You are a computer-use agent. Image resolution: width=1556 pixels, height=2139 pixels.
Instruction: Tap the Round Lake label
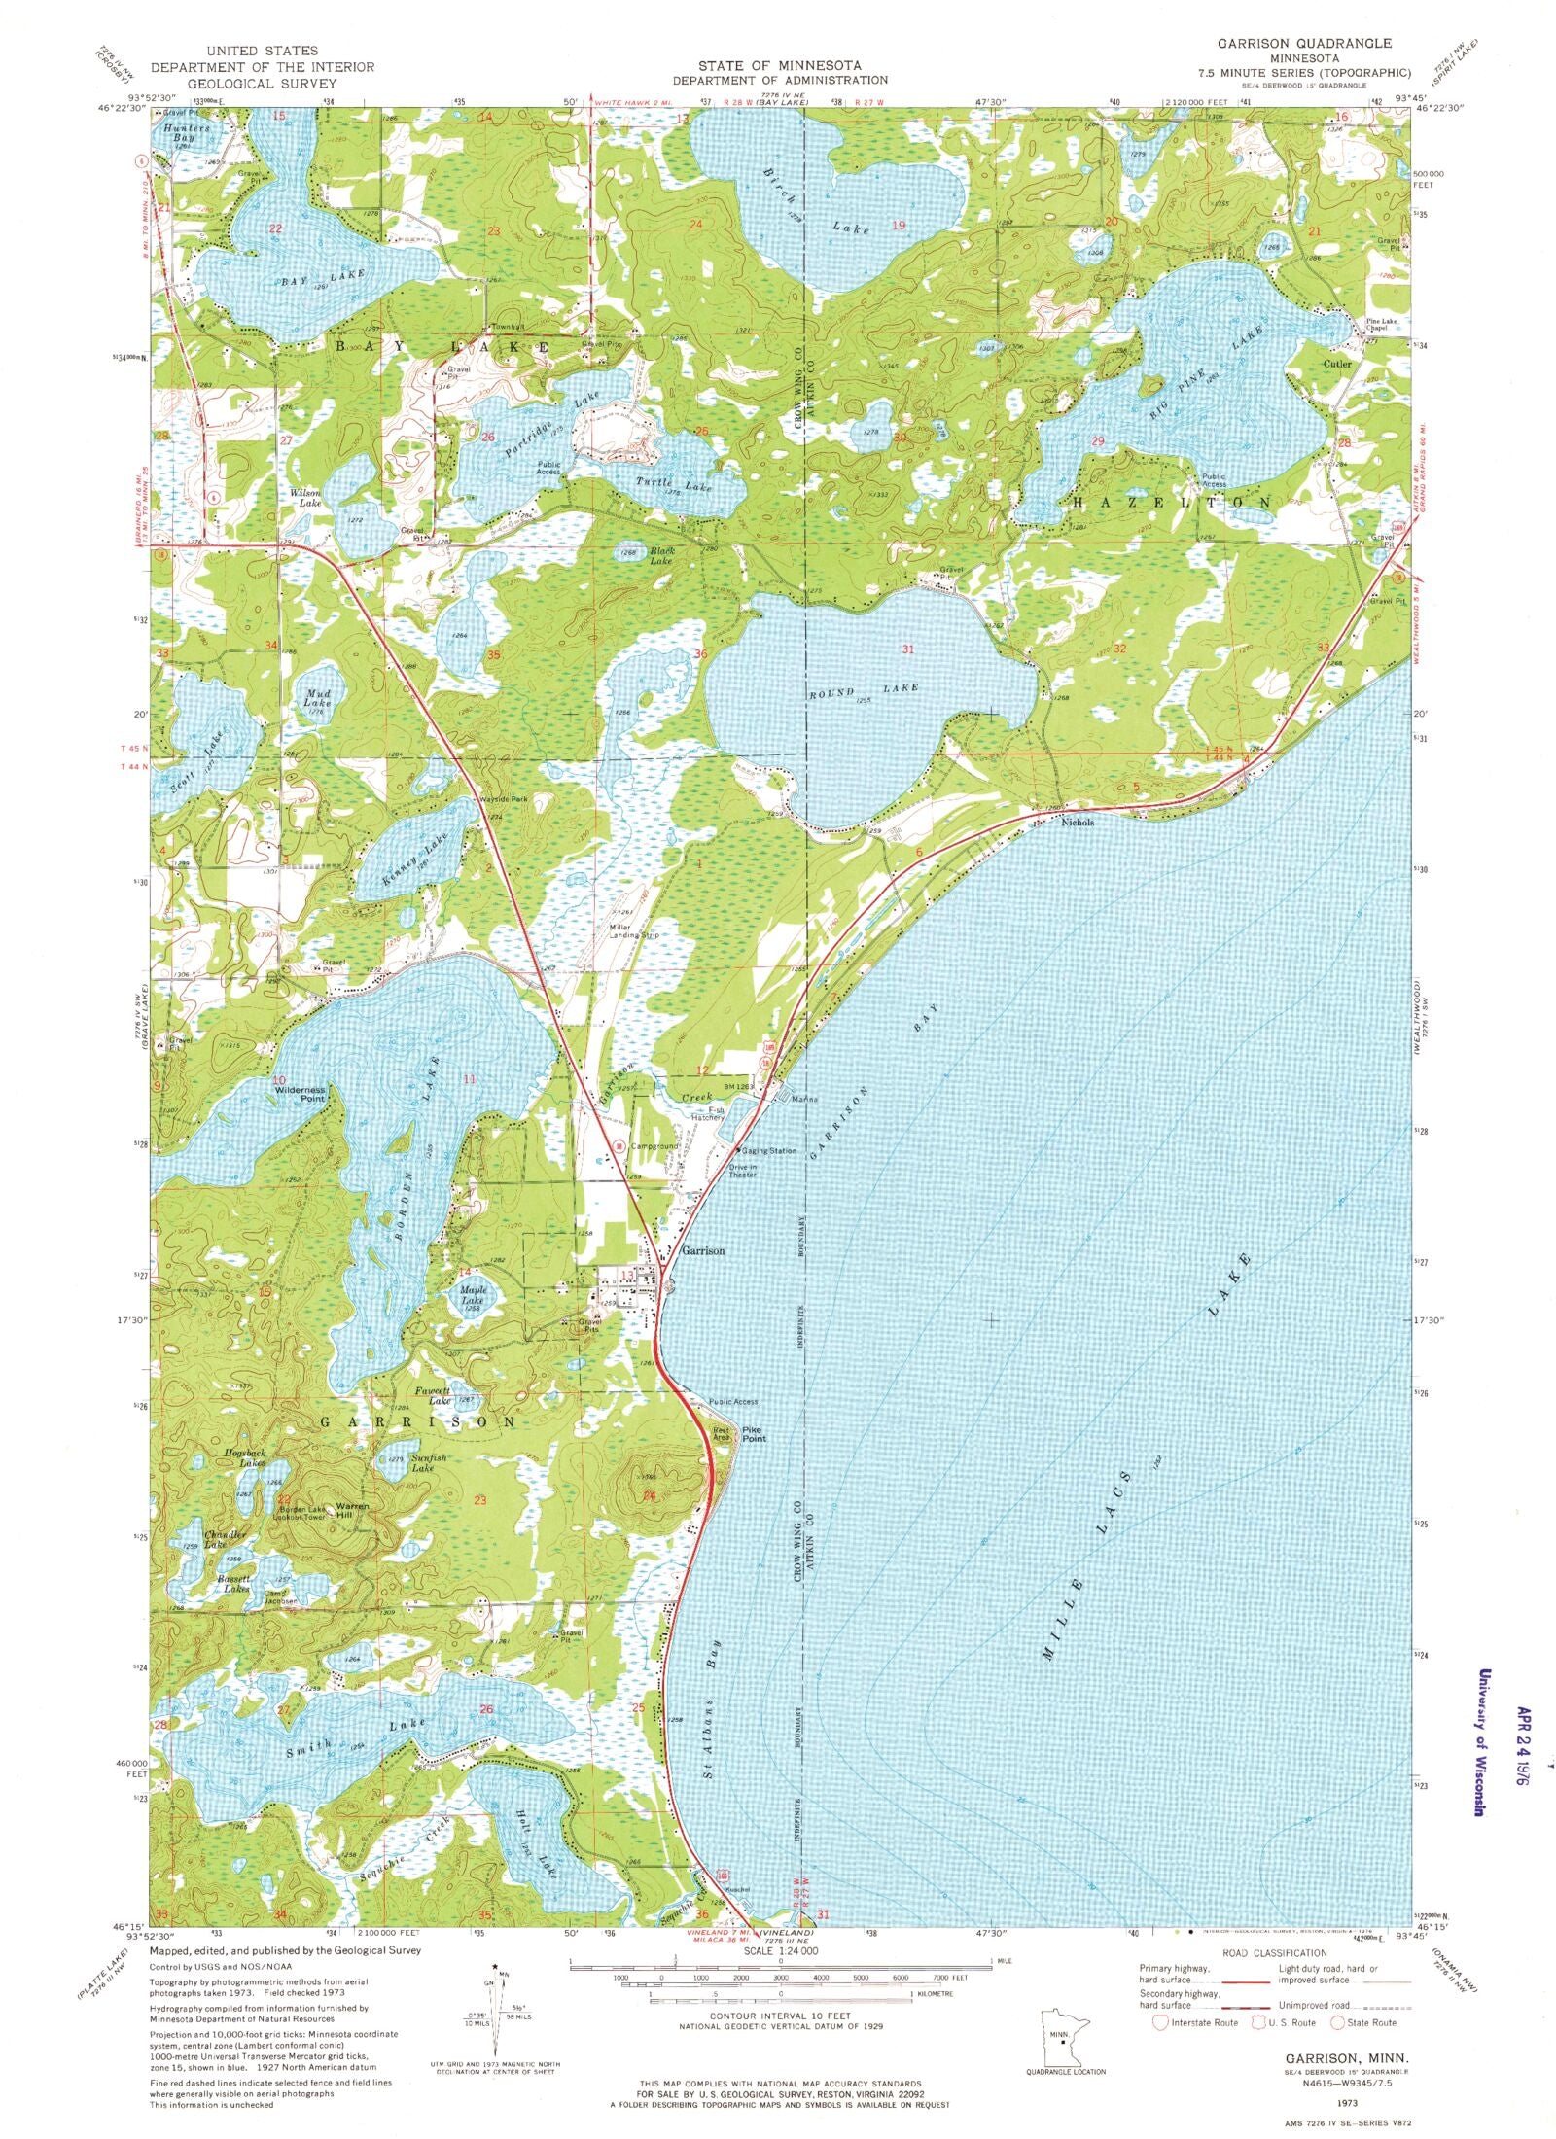(864, 688)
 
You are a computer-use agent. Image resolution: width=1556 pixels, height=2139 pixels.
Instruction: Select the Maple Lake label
(472, 1294)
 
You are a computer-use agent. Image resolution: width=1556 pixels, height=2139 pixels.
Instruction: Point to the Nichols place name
(1078, 822)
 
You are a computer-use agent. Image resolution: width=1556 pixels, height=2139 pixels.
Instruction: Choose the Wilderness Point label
(301, 1095)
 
